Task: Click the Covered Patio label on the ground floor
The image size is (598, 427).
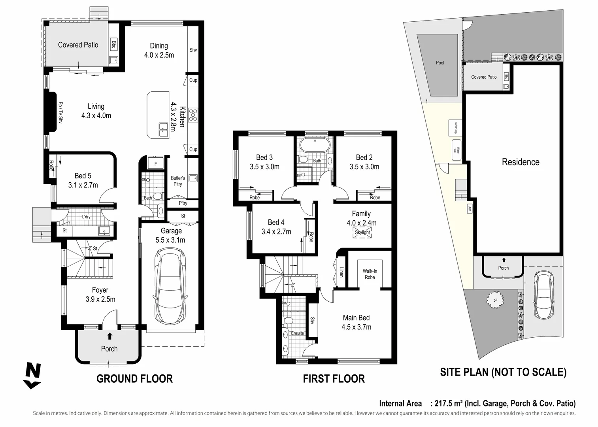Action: coord(78,45)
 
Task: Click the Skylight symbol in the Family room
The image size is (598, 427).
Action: coord(362,232)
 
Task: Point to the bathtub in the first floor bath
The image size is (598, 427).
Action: coord(314,145)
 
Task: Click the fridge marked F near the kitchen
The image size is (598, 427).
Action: coord(155,163)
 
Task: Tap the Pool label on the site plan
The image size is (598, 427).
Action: coord(440,63)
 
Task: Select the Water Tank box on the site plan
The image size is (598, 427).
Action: coord(456,150)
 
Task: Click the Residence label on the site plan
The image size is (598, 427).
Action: coord(520,162)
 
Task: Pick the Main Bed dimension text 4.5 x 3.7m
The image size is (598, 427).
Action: coord(356,327)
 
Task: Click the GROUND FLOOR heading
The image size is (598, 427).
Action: coord(134,379)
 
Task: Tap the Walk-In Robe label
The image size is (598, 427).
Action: coord(370,274)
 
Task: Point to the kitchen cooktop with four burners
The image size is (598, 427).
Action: coord(193,115)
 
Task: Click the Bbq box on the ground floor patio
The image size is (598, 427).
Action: coord(113,45)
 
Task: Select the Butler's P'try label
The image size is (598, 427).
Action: coord(177,181)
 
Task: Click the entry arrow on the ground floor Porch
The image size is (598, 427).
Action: coord(109,336)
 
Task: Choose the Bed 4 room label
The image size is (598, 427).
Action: coord(276,222)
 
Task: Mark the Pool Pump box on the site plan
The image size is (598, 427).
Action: coord(455,127)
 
